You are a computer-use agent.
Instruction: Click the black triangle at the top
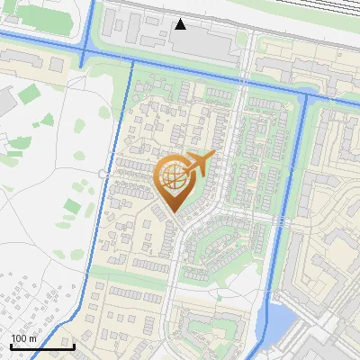pos(181,24)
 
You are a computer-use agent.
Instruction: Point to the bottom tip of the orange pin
pos(174,213)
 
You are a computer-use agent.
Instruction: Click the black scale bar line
pos(42,346)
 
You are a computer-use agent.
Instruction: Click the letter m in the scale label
pos(33,338)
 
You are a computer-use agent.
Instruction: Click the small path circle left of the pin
pos(102,171)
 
